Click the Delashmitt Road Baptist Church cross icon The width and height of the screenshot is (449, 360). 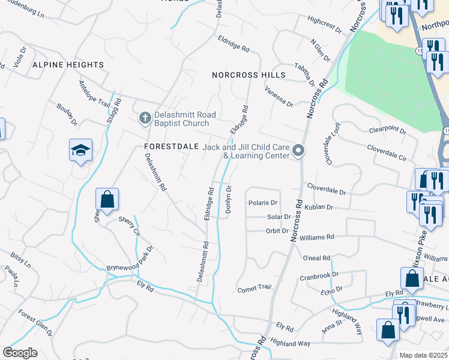[x=144, y=118]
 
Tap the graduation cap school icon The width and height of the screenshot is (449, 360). [x=80, y=151]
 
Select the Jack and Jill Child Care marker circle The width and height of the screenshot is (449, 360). [x=298, y=151]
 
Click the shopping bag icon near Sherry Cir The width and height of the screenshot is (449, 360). [x=107, y=200]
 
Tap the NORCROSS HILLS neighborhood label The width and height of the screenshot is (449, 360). [x=249, y=75]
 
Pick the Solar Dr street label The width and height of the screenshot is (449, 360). [x=279, y=217]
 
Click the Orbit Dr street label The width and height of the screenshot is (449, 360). [x=277, y=230]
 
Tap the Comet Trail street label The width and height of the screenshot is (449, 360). [x=255, y=289]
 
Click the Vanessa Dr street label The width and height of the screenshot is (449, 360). [x=280, y=95]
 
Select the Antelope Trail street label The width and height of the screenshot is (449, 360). [x=95, y=95]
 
